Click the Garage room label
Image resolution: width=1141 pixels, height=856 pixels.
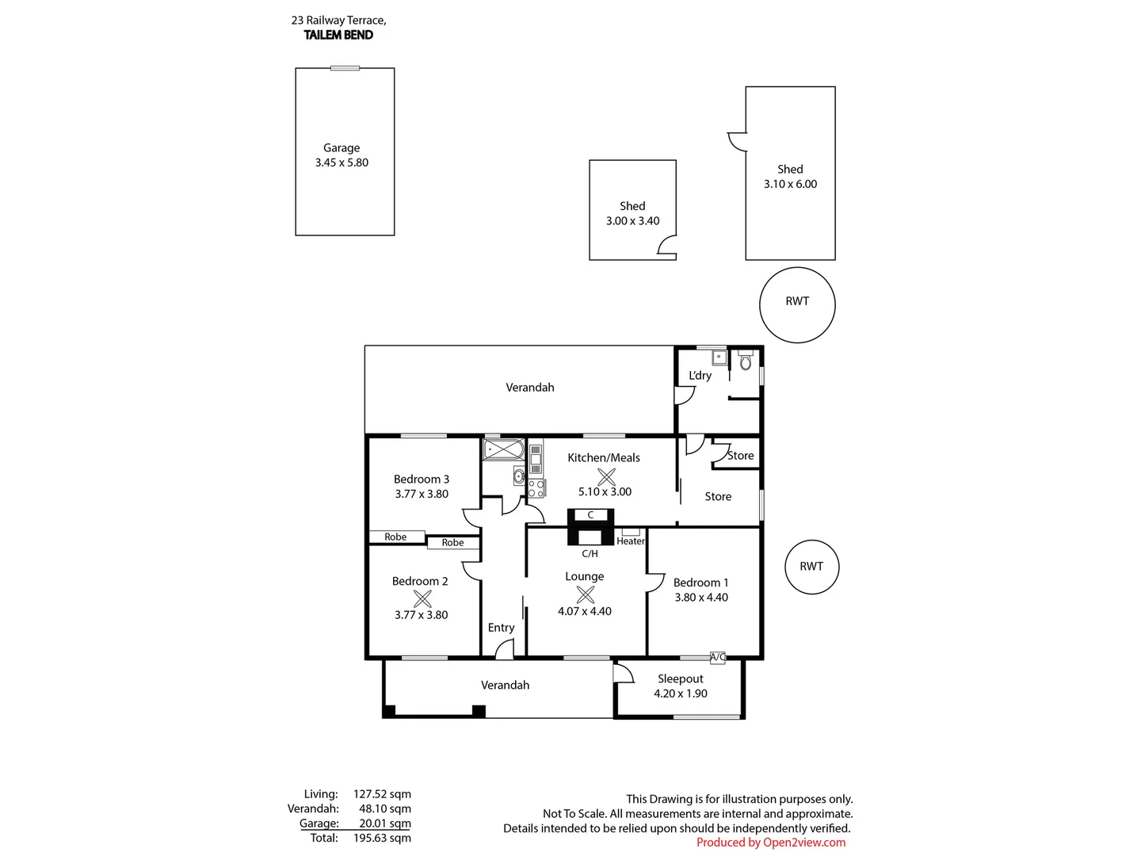click(x=342, y=148)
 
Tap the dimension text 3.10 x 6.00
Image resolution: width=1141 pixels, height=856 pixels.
click(x=790, y=184)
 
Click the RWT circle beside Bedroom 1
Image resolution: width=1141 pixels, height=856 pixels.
click(x=811, y=567)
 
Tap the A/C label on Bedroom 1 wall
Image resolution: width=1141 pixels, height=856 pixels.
click(x=718, y=657)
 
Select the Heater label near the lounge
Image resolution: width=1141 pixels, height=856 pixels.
click(x=631, y=541)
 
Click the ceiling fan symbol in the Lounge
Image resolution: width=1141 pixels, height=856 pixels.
click(x=585, y=594)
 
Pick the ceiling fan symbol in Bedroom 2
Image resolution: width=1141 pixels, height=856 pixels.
click(x=422, y=598)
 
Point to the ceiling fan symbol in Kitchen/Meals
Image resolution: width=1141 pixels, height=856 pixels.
click(x=606, y=476)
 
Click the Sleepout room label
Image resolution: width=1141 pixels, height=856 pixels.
click(x=681, y=679)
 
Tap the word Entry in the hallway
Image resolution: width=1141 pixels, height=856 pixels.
click(x=501, y=628)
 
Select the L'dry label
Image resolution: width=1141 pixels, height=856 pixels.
click(x=700, y=376)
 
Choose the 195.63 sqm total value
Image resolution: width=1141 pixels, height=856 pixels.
click(x=382, y=838)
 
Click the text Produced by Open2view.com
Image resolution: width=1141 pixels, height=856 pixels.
click(x=771, y=843)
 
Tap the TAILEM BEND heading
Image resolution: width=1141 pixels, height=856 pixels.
click(x=338, y=35)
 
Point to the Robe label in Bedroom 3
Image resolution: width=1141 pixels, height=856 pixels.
click(x=395, y=537)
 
